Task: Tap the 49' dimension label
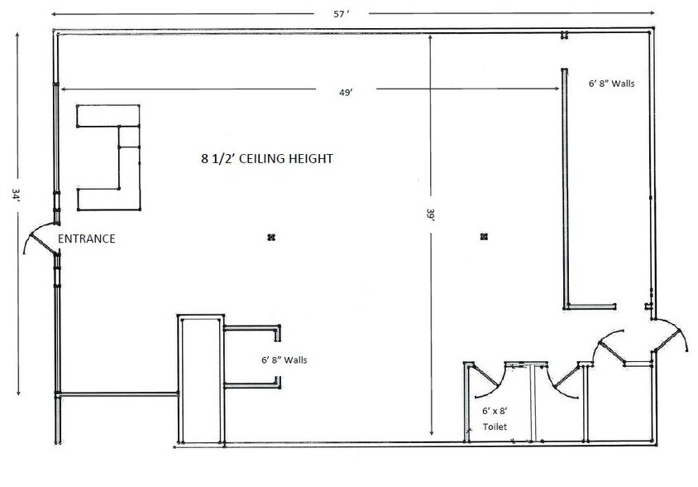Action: point(346,93)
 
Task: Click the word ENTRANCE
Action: point(86,239)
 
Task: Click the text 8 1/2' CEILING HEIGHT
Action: point(266,158)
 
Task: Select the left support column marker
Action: point(270,238)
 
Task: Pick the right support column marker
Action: point(484,238)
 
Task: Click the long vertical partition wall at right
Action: point(565,186)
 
